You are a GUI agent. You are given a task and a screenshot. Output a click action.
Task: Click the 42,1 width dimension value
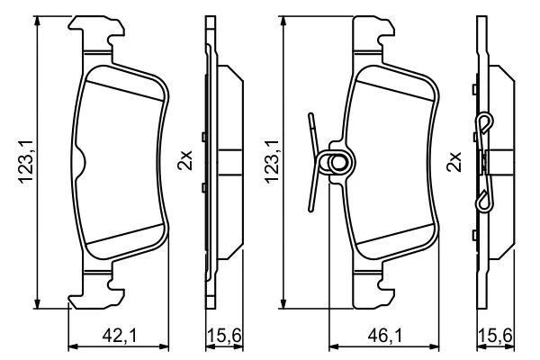[x=119, y=335]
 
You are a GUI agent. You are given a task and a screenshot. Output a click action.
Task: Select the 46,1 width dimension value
[x=384, y=335]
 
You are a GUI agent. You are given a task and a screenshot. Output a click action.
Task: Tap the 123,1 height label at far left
[x=26, y=161]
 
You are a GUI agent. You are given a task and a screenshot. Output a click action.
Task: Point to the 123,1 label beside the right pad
[x=272, y=161]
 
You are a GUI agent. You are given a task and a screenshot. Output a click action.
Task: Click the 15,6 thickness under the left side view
[x=224, y=335]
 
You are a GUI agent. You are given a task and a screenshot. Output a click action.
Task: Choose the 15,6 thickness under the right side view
[x=495, y=335]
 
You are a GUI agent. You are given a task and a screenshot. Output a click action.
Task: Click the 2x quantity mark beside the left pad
[x=184, y=160]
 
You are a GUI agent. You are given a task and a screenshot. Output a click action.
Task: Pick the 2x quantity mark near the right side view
[x=454, y=162]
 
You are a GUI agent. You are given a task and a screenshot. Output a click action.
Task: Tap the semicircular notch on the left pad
[x=80, y=162]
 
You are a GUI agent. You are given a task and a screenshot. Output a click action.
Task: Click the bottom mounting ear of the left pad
[x=96, y=290]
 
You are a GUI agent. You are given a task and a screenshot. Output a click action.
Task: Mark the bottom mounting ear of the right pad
[x=374, y=290]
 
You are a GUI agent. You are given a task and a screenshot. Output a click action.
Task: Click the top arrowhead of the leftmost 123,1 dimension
[x=37, y=22]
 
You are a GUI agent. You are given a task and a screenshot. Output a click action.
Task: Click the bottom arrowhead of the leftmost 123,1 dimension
[x=37, y=302]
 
